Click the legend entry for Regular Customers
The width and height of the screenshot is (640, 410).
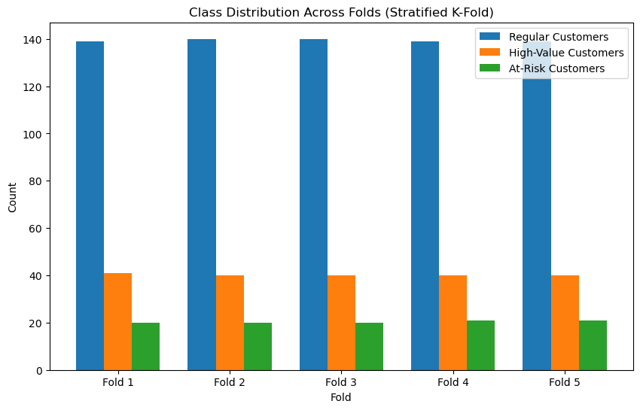point(558,37)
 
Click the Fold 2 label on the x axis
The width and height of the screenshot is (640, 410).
point(230,382)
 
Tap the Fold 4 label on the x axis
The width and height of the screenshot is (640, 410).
point(453,382)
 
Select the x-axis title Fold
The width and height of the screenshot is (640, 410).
point(341,397)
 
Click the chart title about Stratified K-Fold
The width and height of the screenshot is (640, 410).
point(341,11)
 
